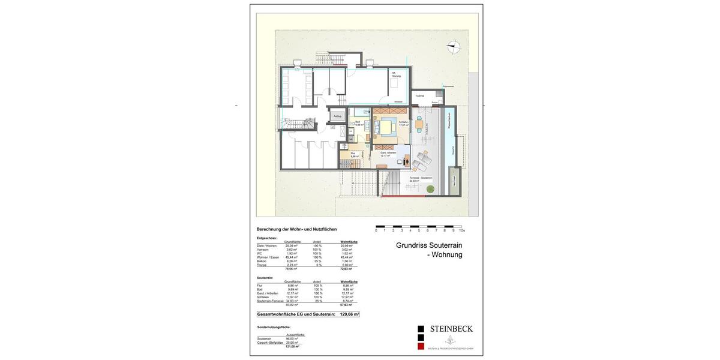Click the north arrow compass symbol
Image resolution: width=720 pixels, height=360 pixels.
coord(454,46)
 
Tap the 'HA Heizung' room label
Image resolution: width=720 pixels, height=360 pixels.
coord(396,75)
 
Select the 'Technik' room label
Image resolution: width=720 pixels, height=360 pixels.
coord(419,96)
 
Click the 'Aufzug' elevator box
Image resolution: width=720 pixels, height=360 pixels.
coord(337,116)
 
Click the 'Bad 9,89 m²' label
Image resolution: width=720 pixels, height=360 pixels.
coord(359,124)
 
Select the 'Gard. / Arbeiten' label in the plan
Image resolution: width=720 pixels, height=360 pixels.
coord(388,154)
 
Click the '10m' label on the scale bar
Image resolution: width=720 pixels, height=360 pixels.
coord(461,230)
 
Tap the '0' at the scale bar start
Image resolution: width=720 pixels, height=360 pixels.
coord(376,230)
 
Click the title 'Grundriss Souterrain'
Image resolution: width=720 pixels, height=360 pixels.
coord(429,245)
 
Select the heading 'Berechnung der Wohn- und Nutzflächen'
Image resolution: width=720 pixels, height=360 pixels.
coord(296,229)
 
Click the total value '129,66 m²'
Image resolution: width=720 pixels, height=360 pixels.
coord(348,314)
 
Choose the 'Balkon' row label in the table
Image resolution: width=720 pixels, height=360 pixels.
coord(262,261)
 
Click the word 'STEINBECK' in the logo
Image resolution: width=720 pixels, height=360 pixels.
coord(451,329)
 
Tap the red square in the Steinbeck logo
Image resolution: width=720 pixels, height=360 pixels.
coord(421,346)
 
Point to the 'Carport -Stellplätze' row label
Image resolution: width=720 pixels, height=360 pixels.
coord(269,343)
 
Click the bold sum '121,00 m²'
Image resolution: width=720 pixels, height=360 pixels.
coord(292,346)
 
